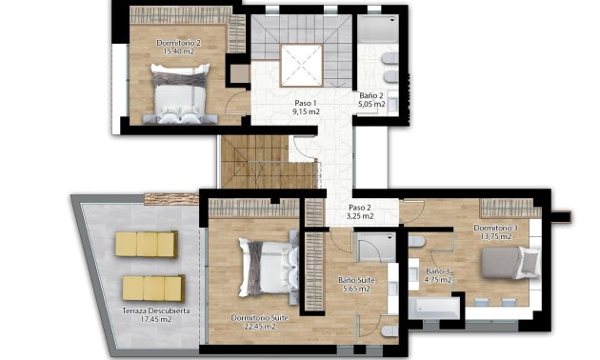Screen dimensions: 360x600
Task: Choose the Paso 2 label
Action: (360, 208)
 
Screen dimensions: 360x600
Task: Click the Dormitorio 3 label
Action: (495, 229)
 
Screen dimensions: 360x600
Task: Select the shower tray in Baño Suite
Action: (366, 249)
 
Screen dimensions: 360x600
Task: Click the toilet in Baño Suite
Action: (390, 330)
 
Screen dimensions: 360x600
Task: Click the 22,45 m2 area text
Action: (254, 327)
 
